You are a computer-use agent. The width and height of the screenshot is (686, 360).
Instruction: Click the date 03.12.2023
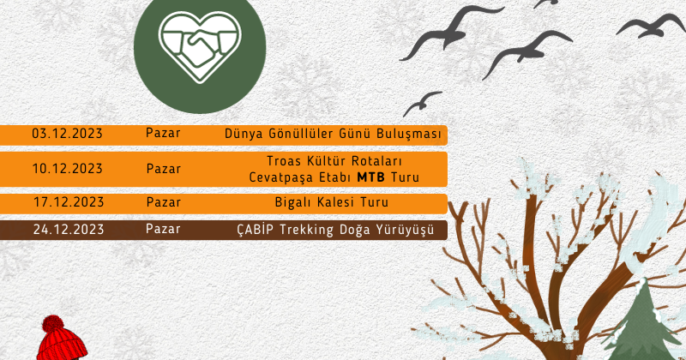pyautogui.click(x=67, y=134)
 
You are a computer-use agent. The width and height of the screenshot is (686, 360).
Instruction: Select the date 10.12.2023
pyautogui.click(x=67, y=168)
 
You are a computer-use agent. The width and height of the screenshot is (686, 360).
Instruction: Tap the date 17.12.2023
pyautogui.click(x=69, y=202)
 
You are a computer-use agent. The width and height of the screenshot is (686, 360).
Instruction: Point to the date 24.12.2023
pyautogui.click(x=69, y=229)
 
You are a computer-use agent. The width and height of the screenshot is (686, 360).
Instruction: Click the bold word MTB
pyautogui.click(x=371, y=177)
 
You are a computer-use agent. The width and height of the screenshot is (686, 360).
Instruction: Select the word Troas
pyautogui.click(x=284, y=161)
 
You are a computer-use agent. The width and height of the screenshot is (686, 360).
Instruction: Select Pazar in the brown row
pyautogui.click(x=163, y=229)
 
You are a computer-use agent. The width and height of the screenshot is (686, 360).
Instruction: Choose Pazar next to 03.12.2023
pyautogui.click(x=163, y=133)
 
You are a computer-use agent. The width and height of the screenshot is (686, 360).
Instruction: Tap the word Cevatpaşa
pyautogui.click(x=278, y=177)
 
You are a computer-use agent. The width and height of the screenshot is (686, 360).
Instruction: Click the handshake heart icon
pyautogui.click(x=200, y=47)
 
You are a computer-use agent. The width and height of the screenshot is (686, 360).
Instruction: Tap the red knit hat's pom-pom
pyautogui.click(x=52, y=324)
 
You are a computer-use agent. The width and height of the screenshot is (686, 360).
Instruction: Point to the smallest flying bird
pyautogui.click(x=421, y=103)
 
